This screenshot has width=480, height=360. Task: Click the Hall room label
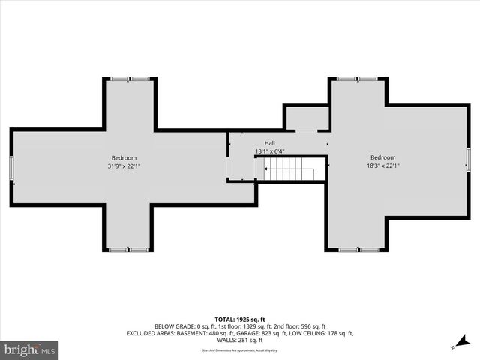pyautogui.click(x=269, y=143)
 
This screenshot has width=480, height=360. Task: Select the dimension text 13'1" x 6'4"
pyautogui.click(x=269, y=151)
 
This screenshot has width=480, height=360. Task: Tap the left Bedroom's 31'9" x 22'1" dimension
pyautogui.click(x=124, y=166)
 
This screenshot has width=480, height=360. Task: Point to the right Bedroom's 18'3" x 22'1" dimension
pyautogui.click(x=382, y=166)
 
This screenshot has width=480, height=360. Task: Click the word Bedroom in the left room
pyautogui.click(x=124, y=157)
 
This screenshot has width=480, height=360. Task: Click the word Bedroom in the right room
pyautogui.click(x=382, y=157)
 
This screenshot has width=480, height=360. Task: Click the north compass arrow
pyautogui.click(x=455, y=346)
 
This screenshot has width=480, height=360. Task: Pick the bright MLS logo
pyautogui.click(x=30, y=349)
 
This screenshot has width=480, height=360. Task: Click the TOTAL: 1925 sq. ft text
pyautogui.click(x=240, y=319)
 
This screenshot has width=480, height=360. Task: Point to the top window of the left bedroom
pyautogui.click(x=130, y=79)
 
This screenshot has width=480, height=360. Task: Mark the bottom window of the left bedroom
pyautogui.click(x=128, y=249)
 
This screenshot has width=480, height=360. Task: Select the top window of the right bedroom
pyautogui.click(x=357, y=79)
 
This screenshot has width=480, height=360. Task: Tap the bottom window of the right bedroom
pyautogui.click(x=358, y=249)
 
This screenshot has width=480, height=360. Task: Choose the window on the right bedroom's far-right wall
pyautogui.click(x=468, y=160)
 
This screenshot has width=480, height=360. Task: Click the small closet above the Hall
pyautogui.click(x=306, y=118)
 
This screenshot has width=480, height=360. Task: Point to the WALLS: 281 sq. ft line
pyautogui.click(x=240, y=340)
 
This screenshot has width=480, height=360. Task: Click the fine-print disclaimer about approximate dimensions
pyautogui.click(x=240, y=350)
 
